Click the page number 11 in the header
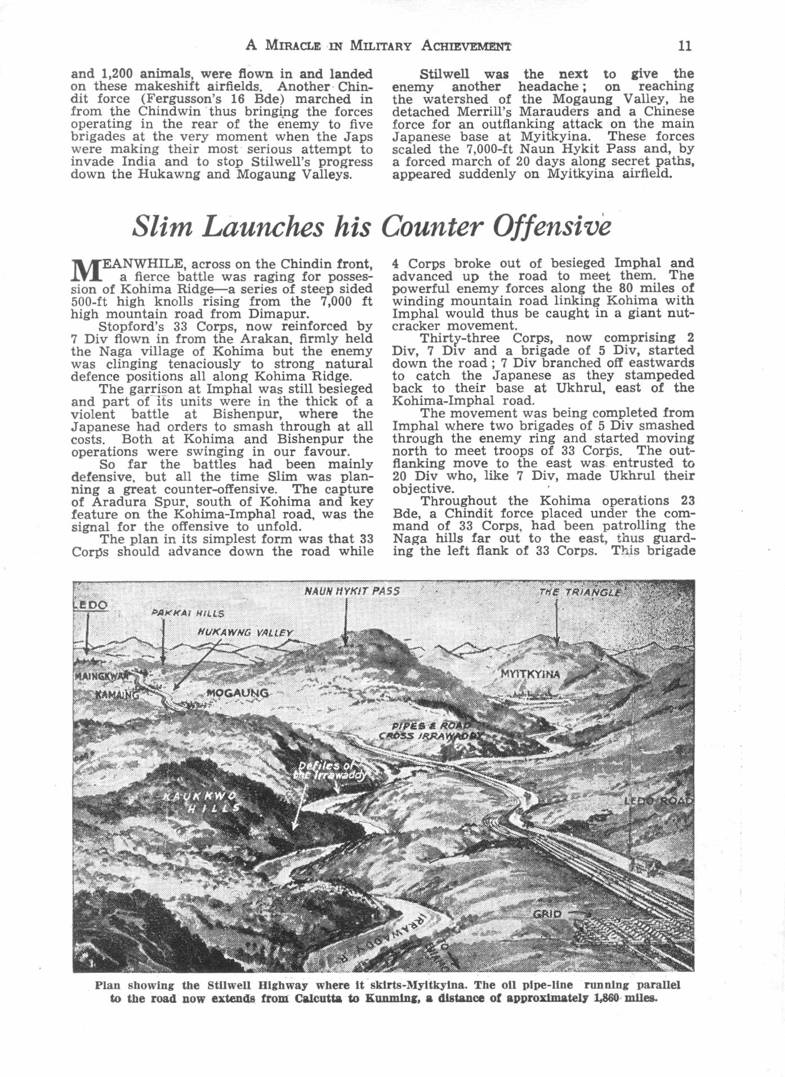[685, 46]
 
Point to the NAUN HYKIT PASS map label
[352, 591]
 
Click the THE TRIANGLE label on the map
[580, 592]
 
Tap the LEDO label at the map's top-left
[90, 605]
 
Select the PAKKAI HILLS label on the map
[188, 613]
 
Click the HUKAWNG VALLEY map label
[245, 633]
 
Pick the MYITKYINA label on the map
[530, 674]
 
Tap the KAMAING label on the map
[117, 695]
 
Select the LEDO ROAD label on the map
[658, 800]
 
